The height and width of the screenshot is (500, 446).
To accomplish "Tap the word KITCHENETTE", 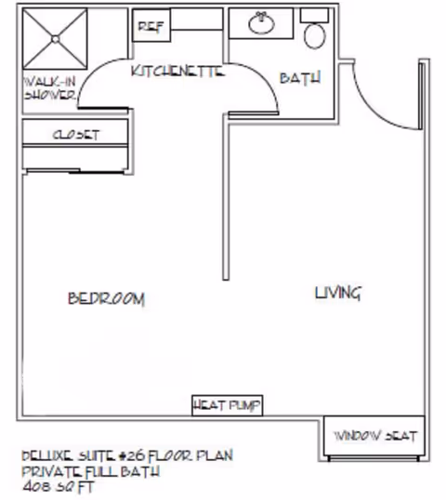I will (179, 71).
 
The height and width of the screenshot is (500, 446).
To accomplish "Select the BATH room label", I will (299, 79).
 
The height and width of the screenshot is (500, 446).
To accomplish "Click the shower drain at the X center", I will (55, 39).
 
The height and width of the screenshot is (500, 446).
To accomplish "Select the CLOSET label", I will (74, 134).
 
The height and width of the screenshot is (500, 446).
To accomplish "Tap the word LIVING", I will (337, 293).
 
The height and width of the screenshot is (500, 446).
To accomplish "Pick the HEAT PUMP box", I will (227, 404).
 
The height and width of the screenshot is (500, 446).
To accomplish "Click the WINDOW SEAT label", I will (375, 435).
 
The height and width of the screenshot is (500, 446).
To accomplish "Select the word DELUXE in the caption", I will (45, 455).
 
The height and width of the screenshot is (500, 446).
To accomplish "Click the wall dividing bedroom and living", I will (224, 204).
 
